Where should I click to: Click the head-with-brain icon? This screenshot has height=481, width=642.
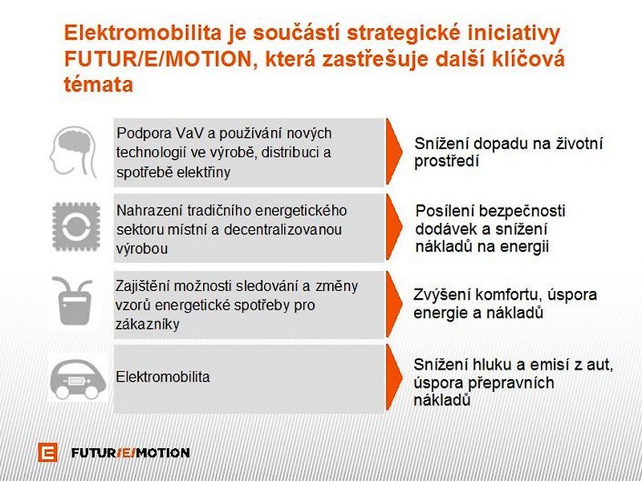(74, 152)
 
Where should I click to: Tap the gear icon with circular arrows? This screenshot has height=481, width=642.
(76, 226)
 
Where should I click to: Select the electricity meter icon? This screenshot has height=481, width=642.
(73, 301)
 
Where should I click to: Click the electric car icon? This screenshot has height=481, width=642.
(77, 379)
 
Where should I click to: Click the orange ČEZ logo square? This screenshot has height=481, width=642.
(48, 452)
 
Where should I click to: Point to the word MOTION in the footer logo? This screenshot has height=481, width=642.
(163, 453)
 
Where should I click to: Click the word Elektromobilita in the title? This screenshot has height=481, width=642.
(143, 33)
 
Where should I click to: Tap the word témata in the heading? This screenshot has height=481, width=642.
(99, 85)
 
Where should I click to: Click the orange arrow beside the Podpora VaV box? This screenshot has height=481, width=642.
(393, 152)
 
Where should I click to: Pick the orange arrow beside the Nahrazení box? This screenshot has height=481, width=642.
(393, 228)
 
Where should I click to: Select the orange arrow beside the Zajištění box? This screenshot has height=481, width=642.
(393, 305)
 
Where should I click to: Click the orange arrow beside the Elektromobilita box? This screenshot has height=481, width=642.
(393, 378)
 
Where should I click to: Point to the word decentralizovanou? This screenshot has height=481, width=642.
(283, 229)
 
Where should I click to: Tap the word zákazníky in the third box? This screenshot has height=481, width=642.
(148, 325)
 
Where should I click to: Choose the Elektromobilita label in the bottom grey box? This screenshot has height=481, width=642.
(163, 377)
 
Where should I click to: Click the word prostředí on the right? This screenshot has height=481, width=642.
(446, 162)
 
